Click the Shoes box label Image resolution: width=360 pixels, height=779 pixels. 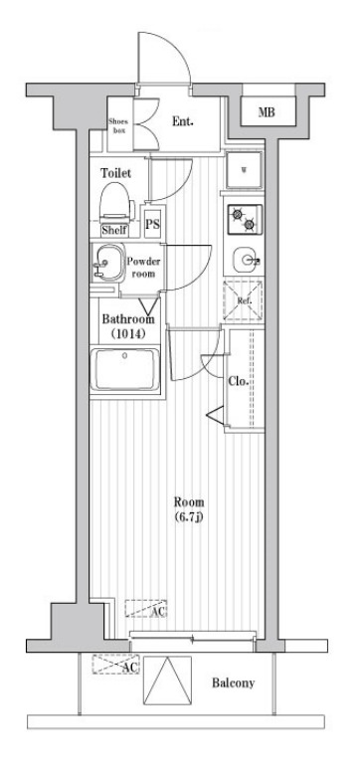click(118, 126)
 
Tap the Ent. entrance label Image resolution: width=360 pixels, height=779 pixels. click(182, 120)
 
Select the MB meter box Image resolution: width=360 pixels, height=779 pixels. click(267, 111)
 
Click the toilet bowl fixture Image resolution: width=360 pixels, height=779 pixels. click(117, 203)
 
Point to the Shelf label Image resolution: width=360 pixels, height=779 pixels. click(114, 230)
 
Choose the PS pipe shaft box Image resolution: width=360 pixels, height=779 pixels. click(153, 223)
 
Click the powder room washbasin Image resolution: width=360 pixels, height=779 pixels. click(107, 263)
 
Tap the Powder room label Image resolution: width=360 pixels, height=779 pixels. click(143, 268)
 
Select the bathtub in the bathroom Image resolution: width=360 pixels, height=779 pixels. click(125, 369)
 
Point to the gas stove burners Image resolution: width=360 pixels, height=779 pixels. click(245, 220)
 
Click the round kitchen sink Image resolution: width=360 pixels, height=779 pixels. click(245, 259)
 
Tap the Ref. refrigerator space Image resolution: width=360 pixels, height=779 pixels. click(244, 300)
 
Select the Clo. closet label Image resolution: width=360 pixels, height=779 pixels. click(238, 381)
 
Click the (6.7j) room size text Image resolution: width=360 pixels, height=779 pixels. click(189, 516)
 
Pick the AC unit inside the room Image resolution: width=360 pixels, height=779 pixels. click(145, 609)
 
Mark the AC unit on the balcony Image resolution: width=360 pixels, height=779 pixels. click(115, 665)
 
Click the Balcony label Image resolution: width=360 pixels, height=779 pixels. click(234, 683)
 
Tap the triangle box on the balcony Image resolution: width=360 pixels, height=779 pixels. click(167, 681)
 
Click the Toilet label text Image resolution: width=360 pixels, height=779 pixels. click(116, 173)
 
